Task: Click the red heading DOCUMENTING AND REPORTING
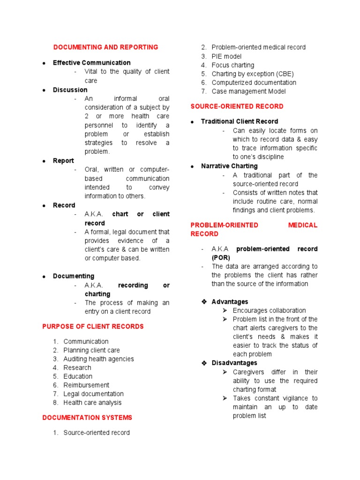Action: tap(105, 47)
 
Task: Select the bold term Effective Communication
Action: tap(91, 63)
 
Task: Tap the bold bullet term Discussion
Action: tap(70, 90)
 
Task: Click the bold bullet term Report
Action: tap(63, 161)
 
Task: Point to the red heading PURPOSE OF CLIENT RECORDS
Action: tap(93, 327)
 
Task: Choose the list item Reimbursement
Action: tap(86, 385)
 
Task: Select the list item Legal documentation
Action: tap(93, 394)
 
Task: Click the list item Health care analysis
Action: tap(92, 403)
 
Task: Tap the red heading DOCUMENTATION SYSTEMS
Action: tap(87, 418)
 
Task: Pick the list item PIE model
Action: tap(226, 56)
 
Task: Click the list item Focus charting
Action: tap(232, 65)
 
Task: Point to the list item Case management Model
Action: tap(248, 91)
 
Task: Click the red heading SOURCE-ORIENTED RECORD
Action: tap(237, 106)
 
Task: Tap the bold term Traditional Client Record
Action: tap(239, 121)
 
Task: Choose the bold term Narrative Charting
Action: tap(229, 166)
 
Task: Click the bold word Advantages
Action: tap(230, 302)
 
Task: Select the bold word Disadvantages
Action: tap(234, 363)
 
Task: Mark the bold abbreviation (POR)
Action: tap(221, 258)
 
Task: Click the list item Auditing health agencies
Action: tap(98, 359)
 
